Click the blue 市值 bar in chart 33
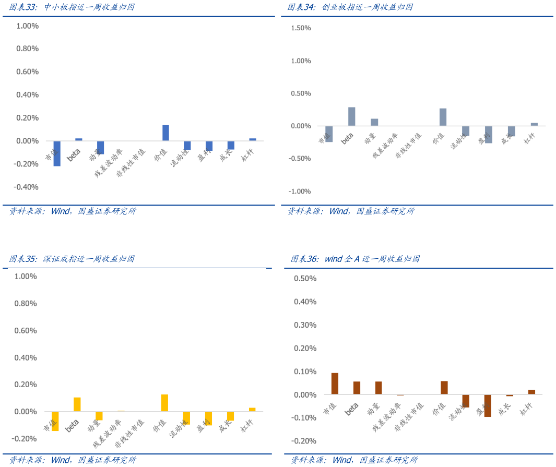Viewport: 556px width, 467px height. click(x=57, y=153)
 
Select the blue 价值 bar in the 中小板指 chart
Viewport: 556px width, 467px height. click(x=165, y=133)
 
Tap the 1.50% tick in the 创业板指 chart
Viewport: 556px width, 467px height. click(x=300, y=28)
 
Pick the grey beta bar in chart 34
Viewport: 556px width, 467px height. click(x=351, y=116)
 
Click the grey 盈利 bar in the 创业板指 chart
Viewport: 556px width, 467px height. click(x=489, y=135)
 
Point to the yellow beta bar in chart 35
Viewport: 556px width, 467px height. click(x=77, y=404)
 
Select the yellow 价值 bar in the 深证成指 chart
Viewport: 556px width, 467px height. click(x=164, y=403)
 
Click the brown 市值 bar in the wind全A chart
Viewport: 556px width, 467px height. click(x=335, y=384)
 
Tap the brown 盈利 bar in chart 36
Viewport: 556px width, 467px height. click(x=488, y=405)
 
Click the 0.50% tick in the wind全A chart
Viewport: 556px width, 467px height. click(x=305, y=279)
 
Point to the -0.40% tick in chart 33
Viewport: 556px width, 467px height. click(x=28, y=187)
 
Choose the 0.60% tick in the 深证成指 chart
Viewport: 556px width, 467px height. click(x=26, y=330)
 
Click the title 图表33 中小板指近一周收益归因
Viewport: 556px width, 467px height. click(x=72, y=7)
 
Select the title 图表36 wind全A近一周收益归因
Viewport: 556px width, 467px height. click(x=355, y=259)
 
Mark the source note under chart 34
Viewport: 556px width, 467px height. click(x=351, y=211)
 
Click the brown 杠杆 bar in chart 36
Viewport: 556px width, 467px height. click(x=531, y=392)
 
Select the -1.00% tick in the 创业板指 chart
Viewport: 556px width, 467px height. click(x=300, y=191)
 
